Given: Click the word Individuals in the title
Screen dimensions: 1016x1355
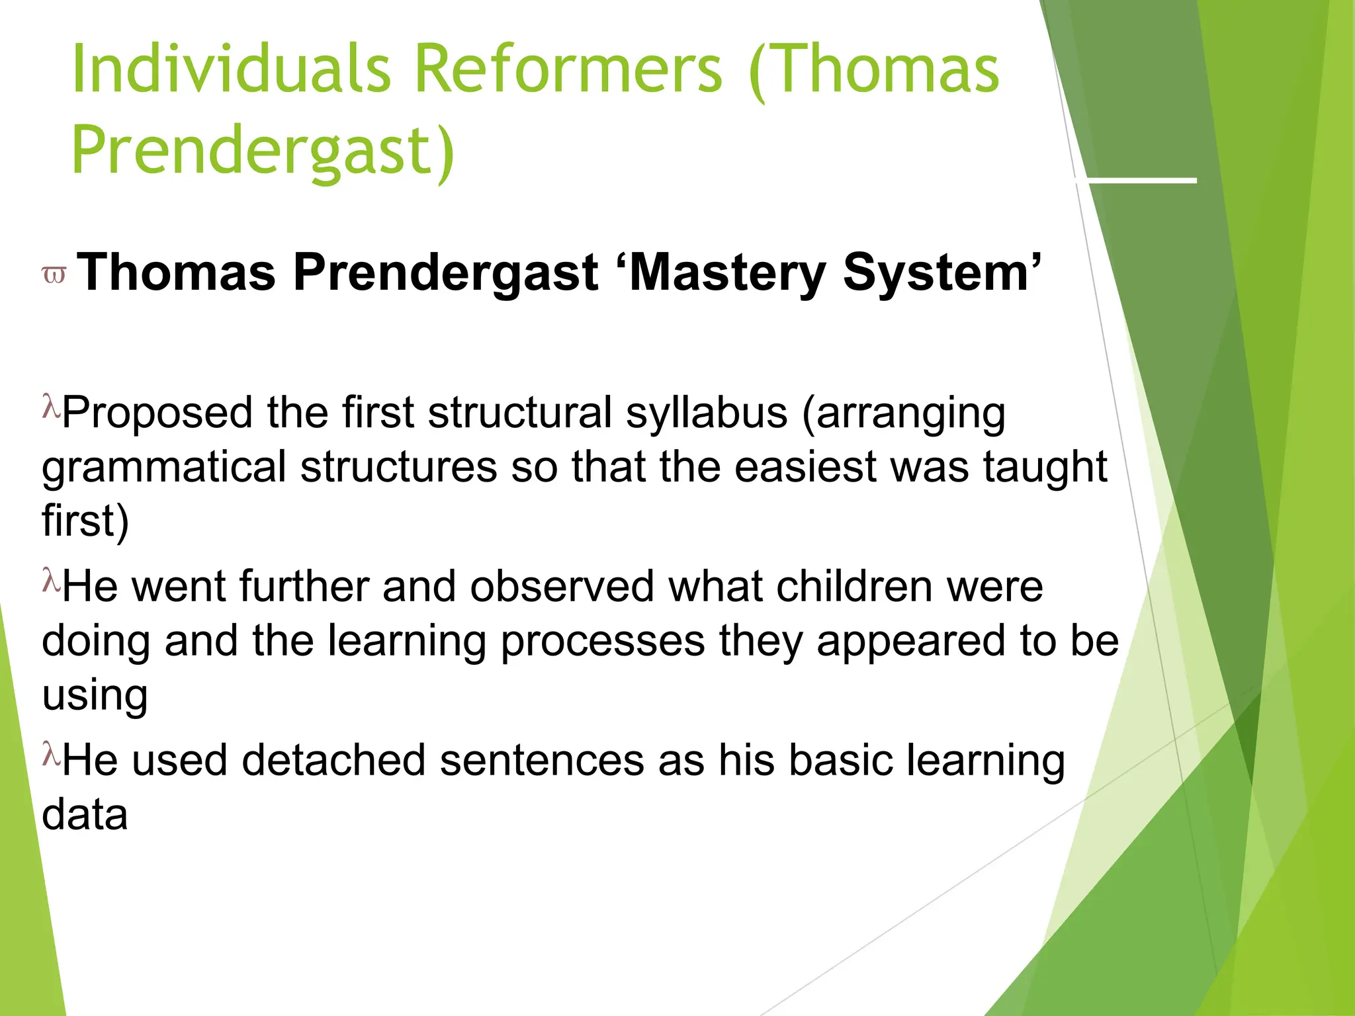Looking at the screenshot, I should point(232,69).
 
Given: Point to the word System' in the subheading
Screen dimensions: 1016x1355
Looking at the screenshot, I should point(942,273).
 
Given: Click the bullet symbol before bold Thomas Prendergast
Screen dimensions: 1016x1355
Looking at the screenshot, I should point(54,275).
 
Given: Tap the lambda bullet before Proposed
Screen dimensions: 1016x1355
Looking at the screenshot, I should point(51,405).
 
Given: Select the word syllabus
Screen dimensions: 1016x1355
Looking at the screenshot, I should point(706,413).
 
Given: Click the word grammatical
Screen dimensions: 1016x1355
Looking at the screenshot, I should point(163,467).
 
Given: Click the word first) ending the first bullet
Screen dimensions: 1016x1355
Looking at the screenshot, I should point(85,521).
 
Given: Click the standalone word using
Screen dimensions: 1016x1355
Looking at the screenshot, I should point(95,696).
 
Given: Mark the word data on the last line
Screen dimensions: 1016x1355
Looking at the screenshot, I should point(85,815).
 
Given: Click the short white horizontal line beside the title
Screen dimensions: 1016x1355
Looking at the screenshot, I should point(1135,180).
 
